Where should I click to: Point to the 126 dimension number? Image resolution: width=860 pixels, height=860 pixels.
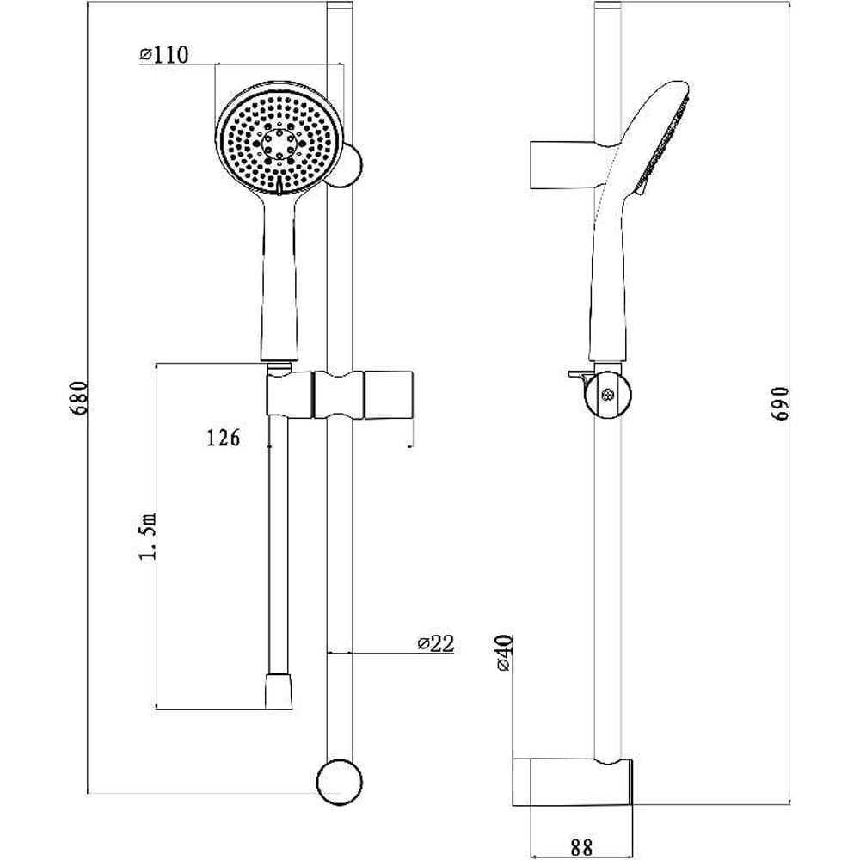coord(223,438)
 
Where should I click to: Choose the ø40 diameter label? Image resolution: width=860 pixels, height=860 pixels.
coord(504,652)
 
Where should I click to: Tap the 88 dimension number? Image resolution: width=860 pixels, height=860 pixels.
coord(581,847)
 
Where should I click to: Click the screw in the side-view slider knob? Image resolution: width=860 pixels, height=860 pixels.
coord(609,396)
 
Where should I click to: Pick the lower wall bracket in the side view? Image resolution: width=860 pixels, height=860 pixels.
coord(571,781)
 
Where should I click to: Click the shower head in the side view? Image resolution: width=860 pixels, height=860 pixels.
coord(658,142)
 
